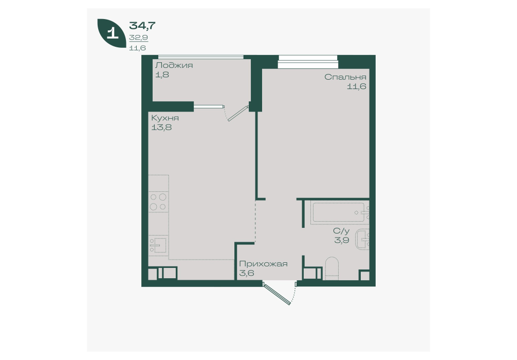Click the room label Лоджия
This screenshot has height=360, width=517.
(x=174, y=65)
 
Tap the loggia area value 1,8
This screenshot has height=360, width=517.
(x=162, y=75)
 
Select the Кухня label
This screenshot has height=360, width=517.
(x=165, y=118)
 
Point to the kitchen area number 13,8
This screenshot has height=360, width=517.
(x=161, y=127)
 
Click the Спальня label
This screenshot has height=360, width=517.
(x=345, y=77)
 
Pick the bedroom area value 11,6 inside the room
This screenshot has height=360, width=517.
(x=357, y=86)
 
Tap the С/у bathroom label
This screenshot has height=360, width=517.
(x=341, y=230)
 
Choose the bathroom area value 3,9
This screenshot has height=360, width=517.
(x=342, y=240)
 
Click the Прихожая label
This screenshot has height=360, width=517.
(x=264, y=264)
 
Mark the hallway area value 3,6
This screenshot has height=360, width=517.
(x=247, y=273)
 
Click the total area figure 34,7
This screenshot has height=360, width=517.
(x=142, y=25)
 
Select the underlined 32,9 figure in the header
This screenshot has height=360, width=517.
(x=138, y=38)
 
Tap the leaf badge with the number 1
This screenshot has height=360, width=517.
(x=112, y=33)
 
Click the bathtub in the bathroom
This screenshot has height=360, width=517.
(x=340, y=213)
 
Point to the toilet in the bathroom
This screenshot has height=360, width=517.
(x=331, y=268)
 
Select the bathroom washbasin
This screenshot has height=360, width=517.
(x=362, y=240)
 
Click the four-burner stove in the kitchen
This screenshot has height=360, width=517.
(x=158, y=202)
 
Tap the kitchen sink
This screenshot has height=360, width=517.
(x=158, y=245)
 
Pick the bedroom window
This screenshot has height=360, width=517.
(x=308, y=62)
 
